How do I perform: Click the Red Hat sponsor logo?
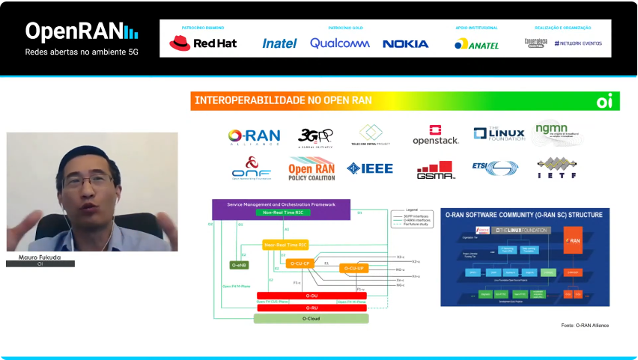pyautogui.click(x=203, y=43)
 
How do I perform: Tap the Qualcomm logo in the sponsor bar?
pyautogui.click(x=340, y=43)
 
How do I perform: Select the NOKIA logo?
pyautogui.click(x=405, y=43)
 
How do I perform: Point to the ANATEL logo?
pyautogui.click(x=476, y=44)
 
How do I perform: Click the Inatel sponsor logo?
pyautogui.click(x=279, y=43)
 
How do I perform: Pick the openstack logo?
pyautogui.click(x=435, y=135)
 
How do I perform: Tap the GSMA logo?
pyautogui.click(x=437, y=170)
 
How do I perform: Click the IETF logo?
pyautogui.click(x=556, y=168)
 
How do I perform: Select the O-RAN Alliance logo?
pyautogui.click(x=254, y=136)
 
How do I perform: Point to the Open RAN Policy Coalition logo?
pyautogui.click(x=312, y=168)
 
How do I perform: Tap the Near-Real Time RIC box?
pyautogui.click(x=285, y=245)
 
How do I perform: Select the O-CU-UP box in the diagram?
pyautogui.click(x=354, y=268)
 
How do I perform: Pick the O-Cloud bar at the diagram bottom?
pyautogui.click(x=312, y=319)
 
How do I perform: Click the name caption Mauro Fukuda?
pyautogui.click(x=40, y=257)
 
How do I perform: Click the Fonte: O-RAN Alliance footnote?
pyautogui.click(x=585, y=325)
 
